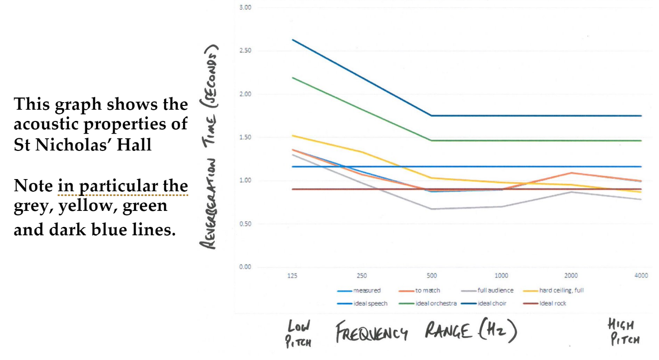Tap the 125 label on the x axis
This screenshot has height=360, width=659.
(x=292, y=276)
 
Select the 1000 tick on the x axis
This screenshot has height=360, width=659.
(x=502, y=276)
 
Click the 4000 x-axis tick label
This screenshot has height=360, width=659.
(x=641, y=276)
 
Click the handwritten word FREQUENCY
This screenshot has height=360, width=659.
(x=372, y=333)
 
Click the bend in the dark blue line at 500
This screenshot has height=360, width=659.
(x=431, y=116)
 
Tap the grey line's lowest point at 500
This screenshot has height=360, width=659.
(x=431, y=209)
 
